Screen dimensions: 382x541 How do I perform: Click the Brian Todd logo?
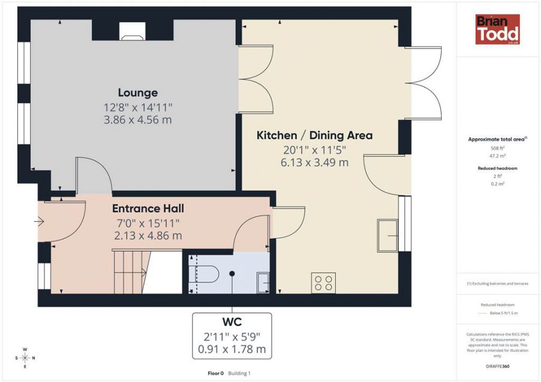pos(497,29)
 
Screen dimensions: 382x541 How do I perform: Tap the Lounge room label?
pos(138,92)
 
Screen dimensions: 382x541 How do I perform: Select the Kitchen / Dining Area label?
pos(314,135)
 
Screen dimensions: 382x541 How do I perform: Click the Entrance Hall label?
pos(148,208)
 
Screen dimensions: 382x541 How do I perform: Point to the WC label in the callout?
pos(231,322)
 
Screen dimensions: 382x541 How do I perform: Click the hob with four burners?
pos(323,282)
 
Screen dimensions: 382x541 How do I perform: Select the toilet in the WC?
pos(204,274)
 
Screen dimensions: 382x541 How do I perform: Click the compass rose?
pos(25,358)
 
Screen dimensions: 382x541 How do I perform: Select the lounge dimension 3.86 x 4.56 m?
pos(138,120)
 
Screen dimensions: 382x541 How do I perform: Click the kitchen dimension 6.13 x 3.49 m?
pos(314,162)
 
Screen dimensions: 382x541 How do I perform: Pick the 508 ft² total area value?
pos(497,147)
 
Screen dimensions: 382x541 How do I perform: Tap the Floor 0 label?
pos(215,373)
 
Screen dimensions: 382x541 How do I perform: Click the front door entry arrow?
pos(40,222)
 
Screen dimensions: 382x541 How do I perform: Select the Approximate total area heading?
pos(497,139)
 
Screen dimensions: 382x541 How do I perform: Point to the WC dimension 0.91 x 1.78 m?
pos(231,349)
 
